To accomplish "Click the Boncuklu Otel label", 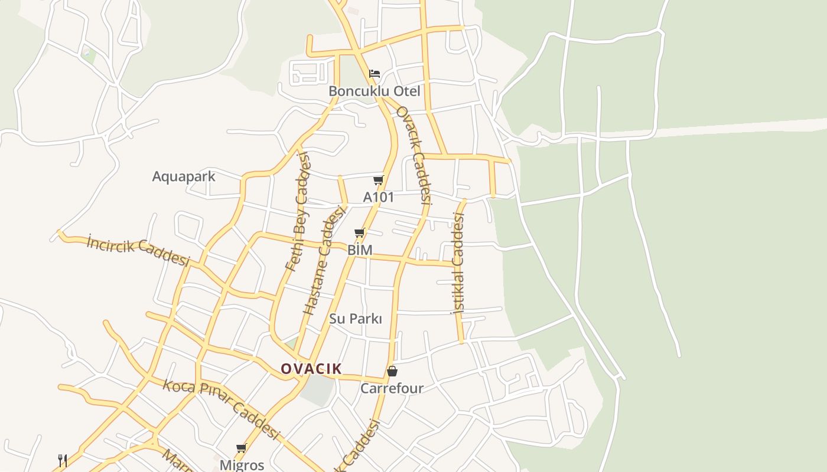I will (x=374, y=91).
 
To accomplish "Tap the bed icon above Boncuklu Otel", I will (x=374, y=74).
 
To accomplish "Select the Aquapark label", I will (x=184, y=176).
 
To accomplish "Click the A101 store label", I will (x=378, y=197).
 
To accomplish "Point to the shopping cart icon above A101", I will (x=378, y=180).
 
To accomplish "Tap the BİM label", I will (x=360, y=250).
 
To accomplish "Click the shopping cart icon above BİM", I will (x=360, y=233).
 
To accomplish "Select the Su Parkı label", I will (x=356, y=319).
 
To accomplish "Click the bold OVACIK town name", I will (x=311, y=369).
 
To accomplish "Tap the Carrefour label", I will (x=392, y=388).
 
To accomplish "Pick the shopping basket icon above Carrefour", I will (x=392, y=371).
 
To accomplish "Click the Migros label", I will (x=242, y=465).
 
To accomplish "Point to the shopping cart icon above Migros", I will (x=241, y=448).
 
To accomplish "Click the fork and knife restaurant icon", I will (x=63, y=460).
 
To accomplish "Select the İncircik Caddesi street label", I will (x=138, y=251).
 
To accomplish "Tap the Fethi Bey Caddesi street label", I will (x=297, y=211).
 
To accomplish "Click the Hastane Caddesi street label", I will (x=323, y=260).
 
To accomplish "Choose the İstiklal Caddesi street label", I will (x=458, y=262).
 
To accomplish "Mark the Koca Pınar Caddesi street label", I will (x=220, y=409).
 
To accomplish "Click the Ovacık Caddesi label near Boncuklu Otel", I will (x=414, y=155).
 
